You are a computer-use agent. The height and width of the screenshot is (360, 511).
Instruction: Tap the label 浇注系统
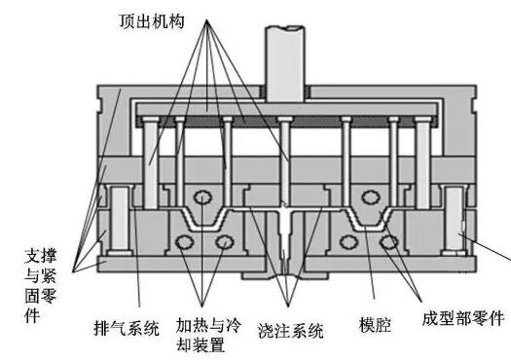click(292, 328)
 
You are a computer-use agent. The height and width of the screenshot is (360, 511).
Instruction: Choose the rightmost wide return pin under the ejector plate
click(420, 156)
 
